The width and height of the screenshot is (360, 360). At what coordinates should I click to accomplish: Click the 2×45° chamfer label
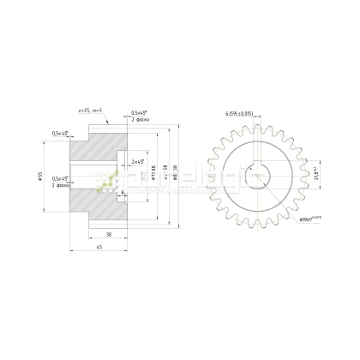[136, 161]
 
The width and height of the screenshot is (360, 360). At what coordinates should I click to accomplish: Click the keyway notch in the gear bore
[257, 164]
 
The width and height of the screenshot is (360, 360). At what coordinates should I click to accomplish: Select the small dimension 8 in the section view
[123, 194]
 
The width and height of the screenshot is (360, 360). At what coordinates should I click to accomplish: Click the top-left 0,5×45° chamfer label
[62, 134]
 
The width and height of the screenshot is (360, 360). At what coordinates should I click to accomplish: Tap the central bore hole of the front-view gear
[257, 177]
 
